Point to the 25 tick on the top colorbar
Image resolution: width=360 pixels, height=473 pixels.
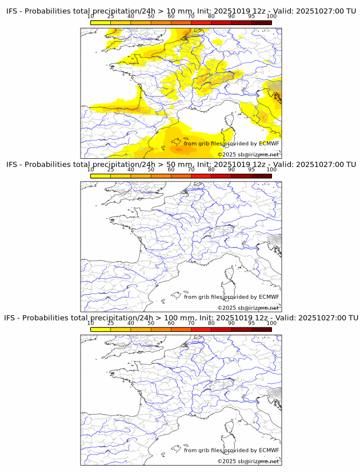(111, 17)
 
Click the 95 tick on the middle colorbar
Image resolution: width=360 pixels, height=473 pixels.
(251, 170)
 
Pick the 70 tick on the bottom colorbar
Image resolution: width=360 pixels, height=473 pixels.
(191, 323)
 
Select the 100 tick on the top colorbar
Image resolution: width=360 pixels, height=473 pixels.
(271, 17)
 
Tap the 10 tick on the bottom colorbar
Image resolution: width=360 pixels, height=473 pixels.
(91, 323)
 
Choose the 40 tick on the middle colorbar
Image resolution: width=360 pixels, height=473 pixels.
(131, 170)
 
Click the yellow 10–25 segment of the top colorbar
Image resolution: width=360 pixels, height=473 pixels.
(101, 23)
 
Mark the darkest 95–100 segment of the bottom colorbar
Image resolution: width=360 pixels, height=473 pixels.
(261, 330)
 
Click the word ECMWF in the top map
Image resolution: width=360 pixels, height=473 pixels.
(269, 143)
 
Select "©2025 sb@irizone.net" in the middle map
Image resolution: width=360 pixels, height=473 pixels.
(249, 308)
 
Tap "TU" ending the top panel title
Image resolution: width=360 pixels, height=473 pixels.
(353, 11)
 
